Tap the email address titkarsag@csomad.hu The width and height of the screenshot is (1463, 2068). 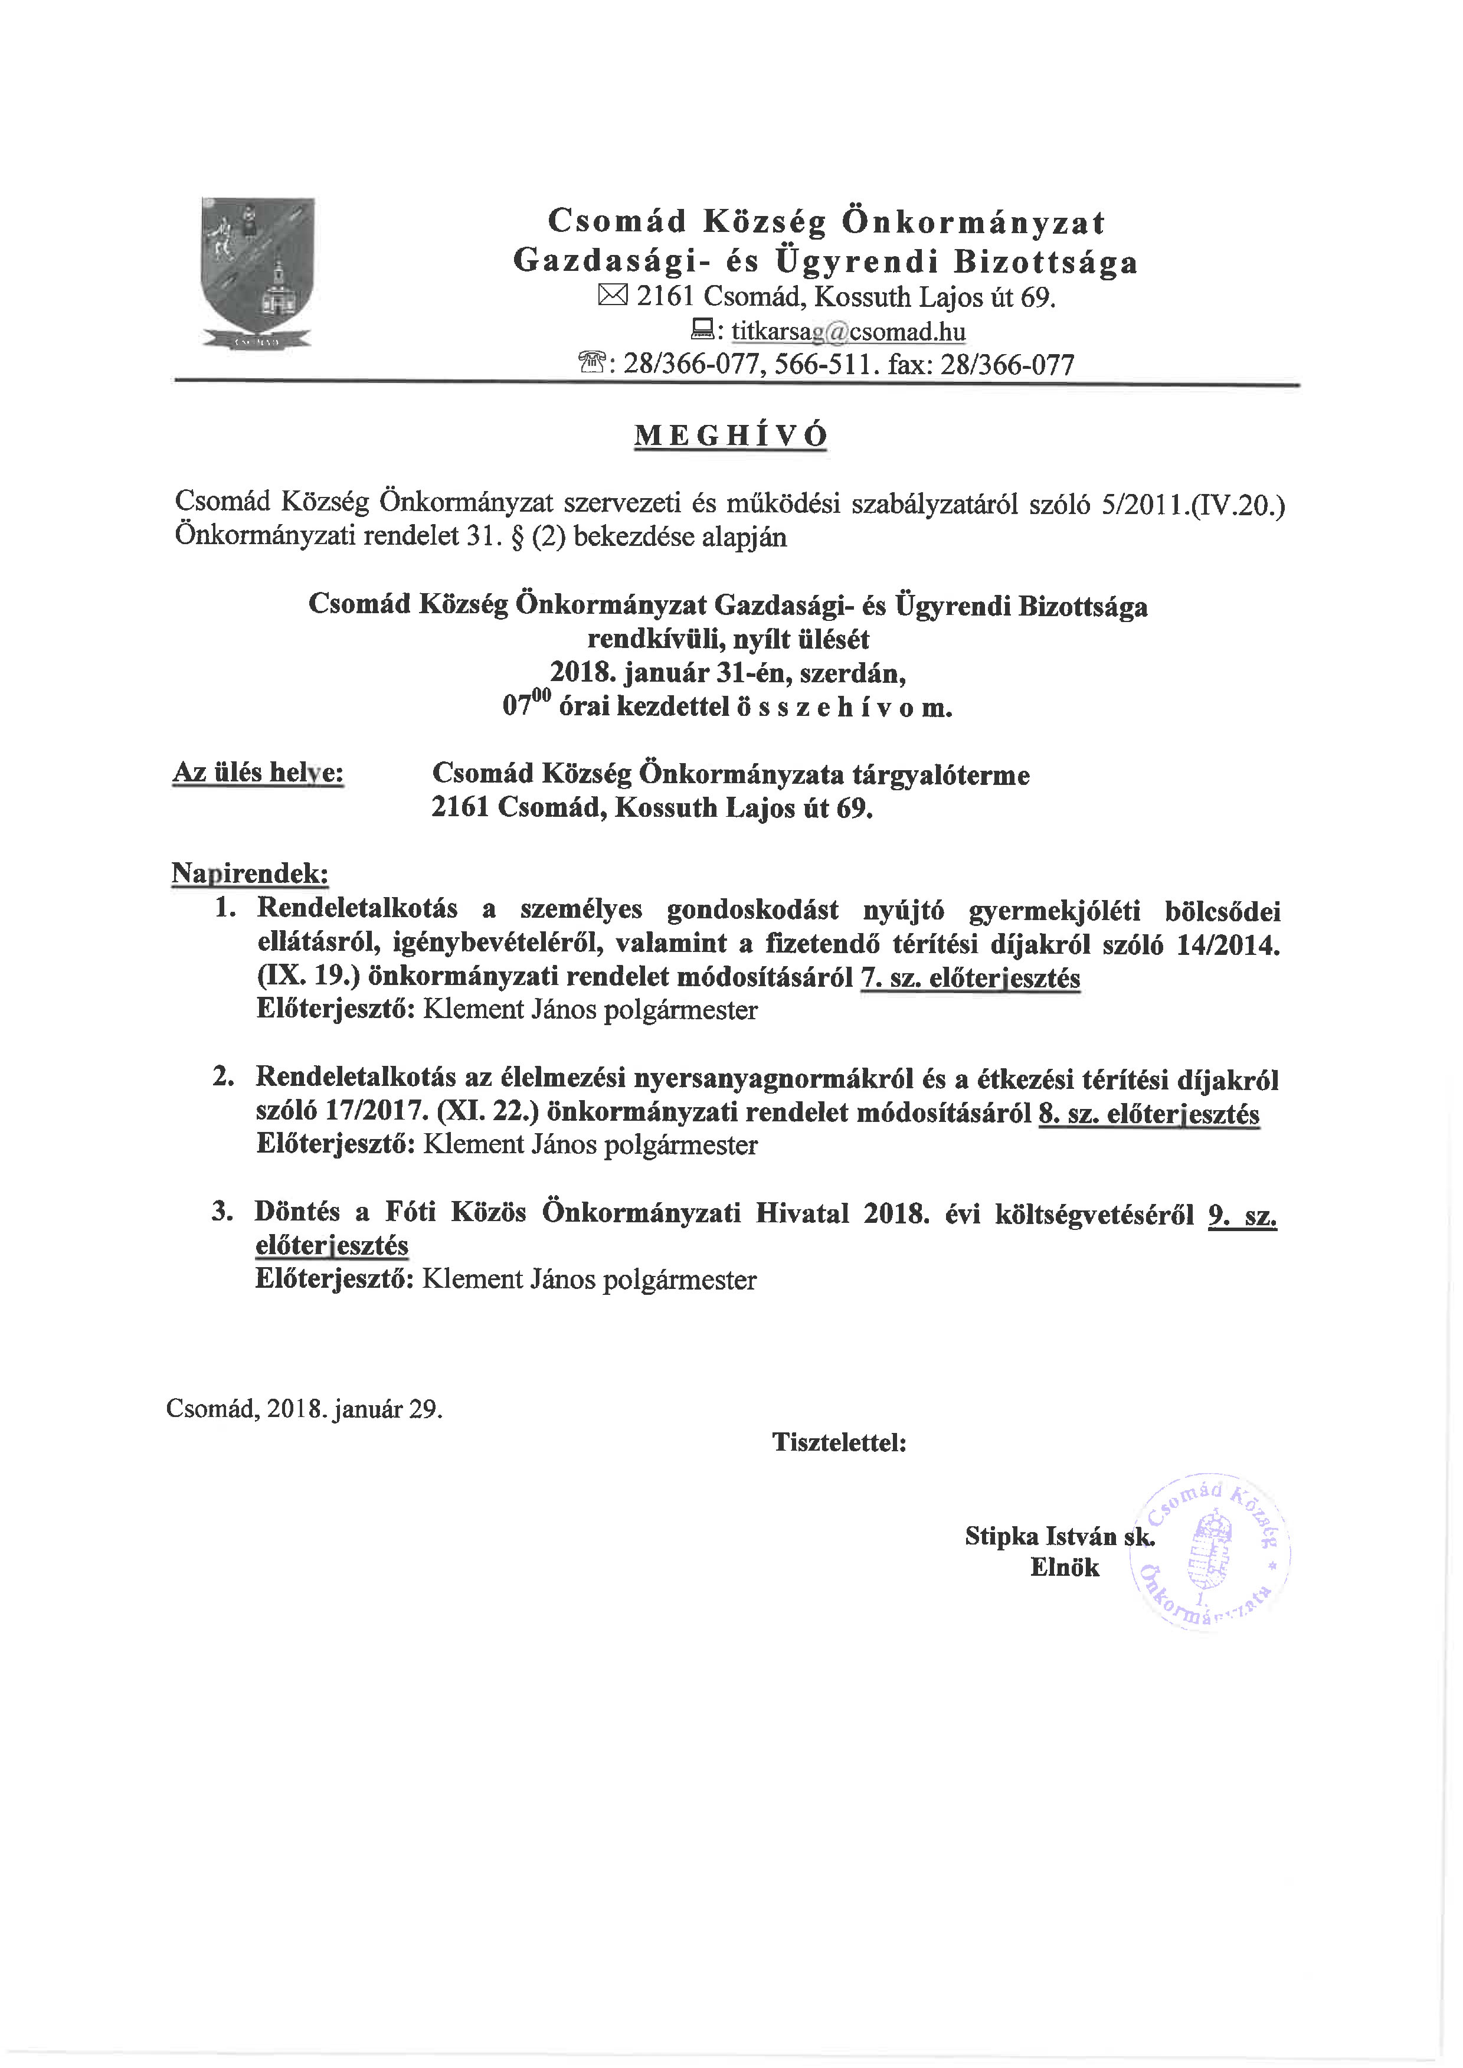pyautogui.click(x=847, y=332)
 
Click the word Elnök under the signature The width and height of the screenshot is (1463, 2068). pyautogui.click(x=1065, y=1567)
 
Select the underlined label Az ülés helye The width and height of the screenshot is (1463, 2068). pyautogui.click(x=258, y=773)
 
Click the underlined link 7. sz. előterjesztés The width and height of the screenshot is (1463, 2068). pyautogui.click(x=970, y=977)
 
